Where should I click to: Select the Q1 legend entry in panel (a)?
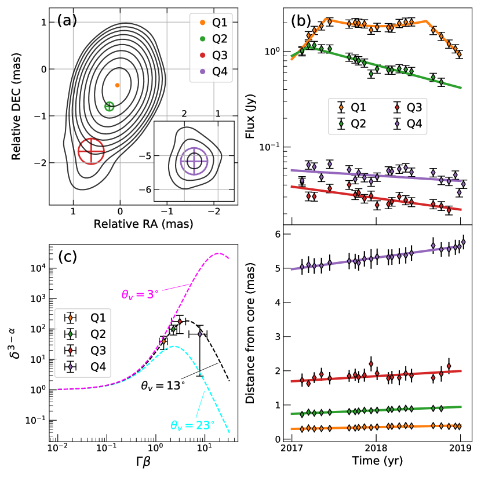pos(213,24)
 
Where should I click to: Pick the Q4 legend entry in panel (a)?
pos(213,72)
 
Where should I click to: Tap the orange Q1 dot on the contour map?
pos(117,85)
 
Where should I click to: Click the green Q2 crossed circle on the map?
pos(110,106)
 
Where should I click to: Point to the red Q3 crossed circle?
pos(91,152)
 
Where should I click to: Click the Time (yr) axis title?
pos(376,461)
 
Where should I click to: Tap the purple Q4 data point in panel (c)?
pos(200,334)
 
